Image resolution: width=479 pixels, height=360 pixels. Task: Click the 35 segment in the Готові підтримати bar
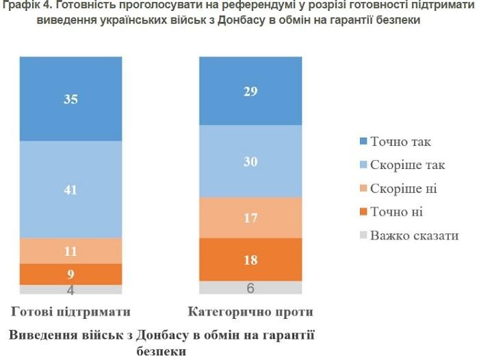[x=70, y=99]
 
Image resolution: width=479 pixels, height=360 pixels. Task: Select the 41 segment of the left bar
[x=70, y=189]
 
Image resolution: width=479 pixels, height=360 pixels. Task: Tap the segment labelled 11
[x=70, y=250]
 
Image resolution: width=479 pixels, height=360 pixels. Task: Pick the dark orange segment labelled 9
[x=70, y=274]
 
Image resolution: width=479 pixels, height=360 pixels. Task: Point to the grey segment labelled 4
[x=70, y=290]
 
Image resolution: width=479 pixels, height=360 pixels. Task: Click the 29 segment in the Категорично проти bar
[x=250, y=91]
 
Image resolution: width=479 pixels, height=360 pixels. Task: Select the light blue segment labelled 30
[x=250, y=162]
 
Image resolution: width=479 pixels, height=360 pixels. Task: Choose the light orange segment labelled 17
[x=250, y=218]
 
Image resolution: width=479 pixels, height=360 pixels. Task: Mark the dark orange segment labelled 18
[x=250, y=259]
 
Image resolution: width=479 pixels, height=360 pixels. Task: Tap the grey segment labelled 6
[x=250, y=288]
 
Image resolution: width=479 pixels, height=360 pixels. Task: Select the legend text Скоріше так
[x=408, y=165]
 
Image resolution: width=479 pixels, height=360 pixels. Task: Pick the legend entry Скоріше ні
[x=403, y=188]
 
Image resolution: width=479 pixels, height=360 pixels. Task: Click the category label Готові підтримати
[x=70, y=312]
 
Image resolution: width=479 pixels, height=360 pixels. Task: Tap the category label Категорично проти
[x=250, y=312]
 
